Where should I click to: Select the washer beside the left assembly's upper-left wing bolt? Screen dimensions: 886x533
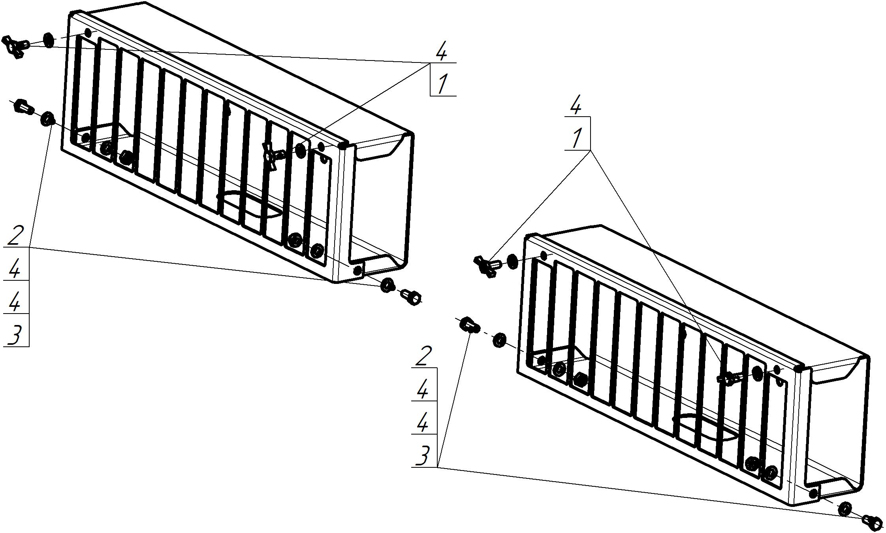click(x=48, y=40)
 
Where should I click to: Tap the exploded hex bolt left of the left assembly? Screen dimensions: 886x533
click(x=24, y=106)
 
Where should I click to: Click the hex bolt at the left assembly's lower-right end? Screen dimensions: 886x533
click(x=411, y=297)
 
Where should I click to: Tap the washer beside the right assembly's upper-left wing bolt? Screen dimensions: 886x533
click(x=512, y=261)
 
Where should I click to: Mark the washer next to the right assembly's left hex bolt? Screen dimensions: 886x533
click(x=500, y=340)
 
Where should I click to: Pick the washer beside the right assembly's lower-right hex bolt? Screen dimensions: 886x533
click(x=845, y=509)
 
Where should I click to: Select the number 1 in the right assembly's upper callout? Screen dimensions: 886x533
click(x=577, y=138)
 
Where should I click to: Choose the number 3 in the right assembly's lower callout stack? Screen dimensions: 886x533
click(x=423, y=456)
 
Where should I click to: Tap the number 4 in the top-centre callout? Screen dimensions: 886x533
click(x=442, y=51)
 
